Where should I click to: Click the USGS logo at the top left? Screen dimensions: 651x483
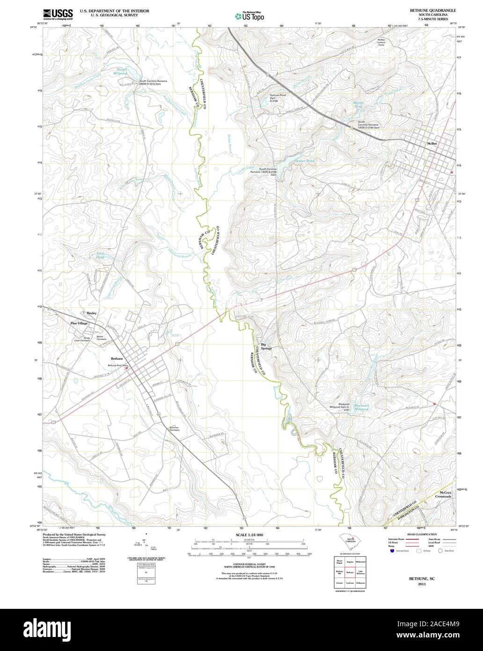pos(57,14)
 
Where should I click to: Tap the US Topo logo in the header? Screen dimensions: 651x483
pos(249,16)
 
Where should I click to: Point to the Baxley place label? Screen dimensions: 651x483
pos(91,313)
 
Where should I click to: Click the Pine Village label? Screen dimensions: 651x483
pos(79,323)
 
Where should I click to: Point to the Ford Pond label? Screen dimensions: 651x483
pos(101,256)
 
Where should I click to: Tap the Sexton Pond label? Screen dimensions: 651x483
pos(304,161)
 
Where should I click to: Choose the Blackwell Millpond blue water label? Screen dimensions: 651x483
pos(362,407)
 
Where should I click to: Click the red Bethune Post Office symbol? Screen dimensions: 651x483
pos(126,368)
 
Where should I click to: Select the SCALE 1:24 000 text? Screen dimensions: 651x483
pos(249,534)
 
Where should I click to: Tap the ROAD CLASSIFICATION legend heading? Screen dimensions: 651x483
pos(422,534)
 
